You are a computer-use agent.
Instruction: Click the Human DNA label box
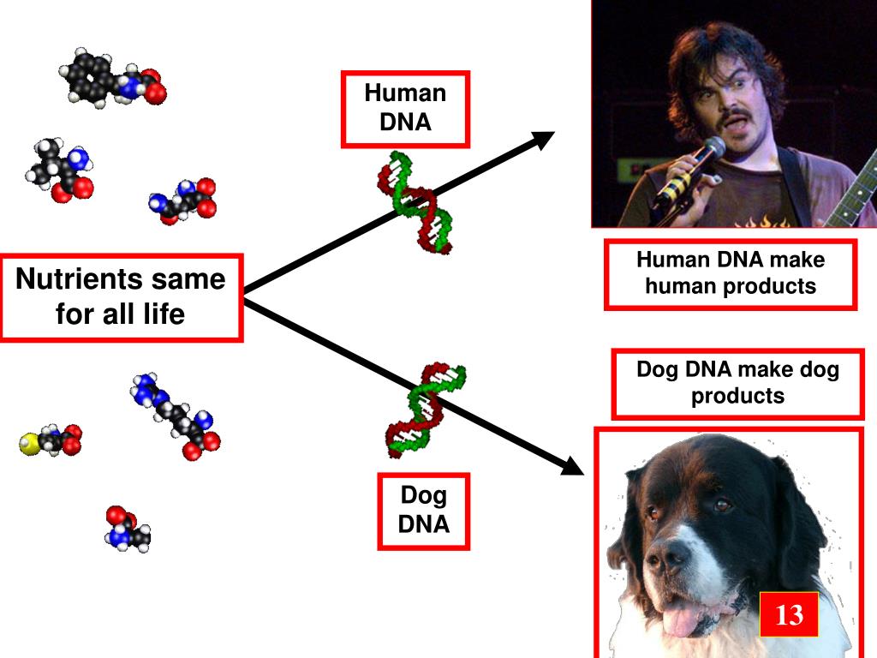(x=405, y=108)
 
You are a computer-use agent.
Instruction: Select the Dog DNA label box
(x=424, y=510)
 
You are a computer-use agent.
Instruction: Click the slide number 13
(x=789, y=614)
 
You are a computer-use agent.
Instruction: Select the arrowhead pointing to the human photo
(x=545, y=140)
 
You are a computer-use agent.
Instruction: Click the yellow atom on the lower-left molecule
(x=28, y=444)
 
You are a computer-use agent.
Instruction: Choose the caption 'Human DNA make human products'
(x=731, y=273)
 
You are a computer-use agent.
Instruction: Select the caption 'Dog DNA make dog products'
(x=737, y=383)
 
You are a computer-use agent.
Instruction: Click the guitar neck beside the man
(x=853, y=197)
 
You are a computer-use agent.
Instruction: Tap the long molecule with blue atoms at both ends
(x=175, y=416)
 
